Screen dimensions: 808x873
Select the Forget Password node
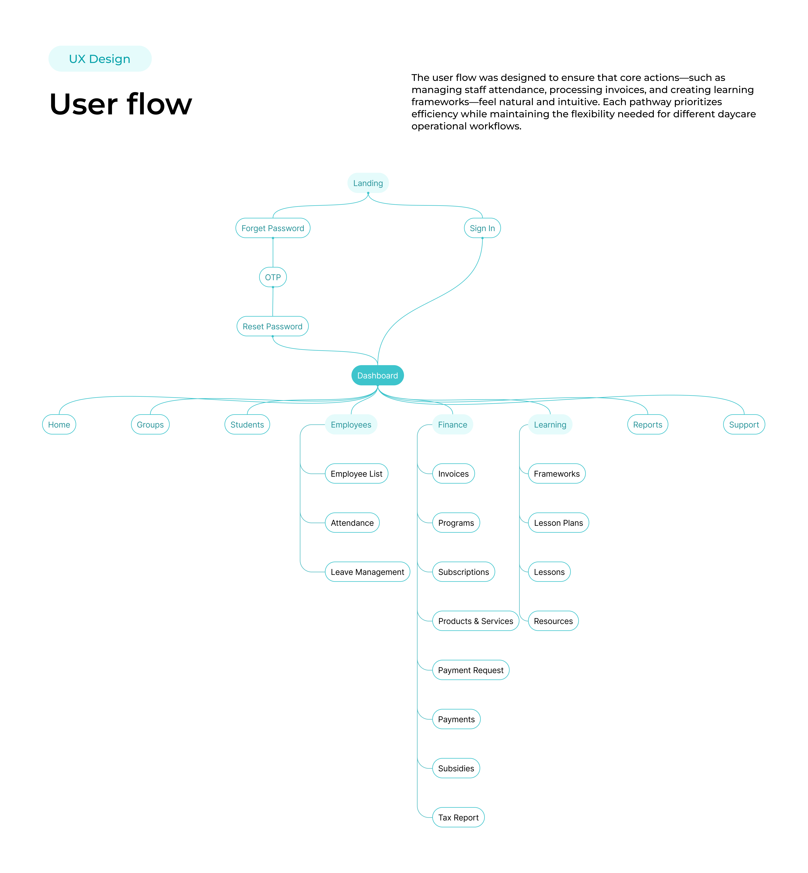[x=273, y=228]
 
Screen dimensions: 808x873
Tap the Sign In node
[x=482, y=228]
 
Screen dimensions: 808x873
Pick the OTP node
[x=273, y=277]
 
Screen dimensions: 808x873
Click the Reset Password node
[x=272, y=326]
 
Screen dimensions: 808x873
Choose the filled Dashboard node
[x=377, y=375]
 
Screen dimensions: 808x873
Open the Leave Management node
[x=367, y=571]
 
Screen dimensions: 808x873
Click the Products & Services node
[x=475, y=621]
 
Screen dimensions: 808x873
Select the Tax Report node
[x=458, y=817]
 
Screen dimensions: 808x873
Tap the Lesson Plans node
[x=558, y=522]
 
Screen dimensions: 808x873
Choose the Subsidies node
[x=456, y=768]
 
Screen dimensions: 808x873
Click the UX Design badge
[x=100, y=59]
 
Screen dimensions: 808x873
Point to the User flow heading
[x=121, y=104]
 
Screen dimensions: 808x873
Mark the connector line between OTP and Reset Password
[x=273, y=302]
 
